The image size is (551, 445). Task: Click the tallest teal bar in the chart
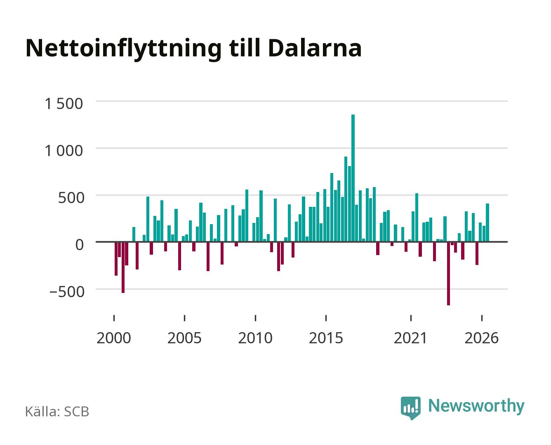pos(353,178)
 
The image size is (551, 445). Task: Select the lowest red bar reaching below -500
pos(448,274)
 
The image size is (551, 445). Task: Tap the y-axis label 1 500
pos(64,104)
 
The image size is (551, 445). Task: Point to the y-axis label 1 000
pos(64,151)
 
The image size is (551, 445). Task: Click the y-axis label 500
pos(71,198)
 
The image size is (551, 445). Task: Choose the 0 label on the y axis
pos(80,245)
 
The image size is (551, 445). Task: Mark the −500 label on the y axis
pos(67,292)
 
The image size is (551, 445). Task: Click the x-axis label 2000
pos(114,338)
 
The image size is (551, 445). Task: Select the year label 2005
pos(184,338)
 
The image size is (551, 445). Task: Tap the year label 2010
pos(255,338)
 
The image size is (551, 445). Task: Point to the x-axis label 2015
pos(326,338)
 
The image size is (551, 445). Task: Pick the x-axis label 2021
pos(410,338)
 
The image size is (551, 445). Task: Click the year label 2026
pos(481,338)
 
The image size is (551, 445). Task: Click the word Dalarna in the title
pos(315,48)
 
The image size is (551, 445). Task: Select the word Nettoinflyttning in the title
pos(123,49)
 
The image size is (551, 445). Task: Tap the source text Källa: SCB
pos(57,411)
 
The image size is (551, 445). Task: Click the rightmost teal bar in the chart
pos(487,223)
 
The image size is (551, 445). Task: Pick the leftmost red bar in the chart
pos(116,259)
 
